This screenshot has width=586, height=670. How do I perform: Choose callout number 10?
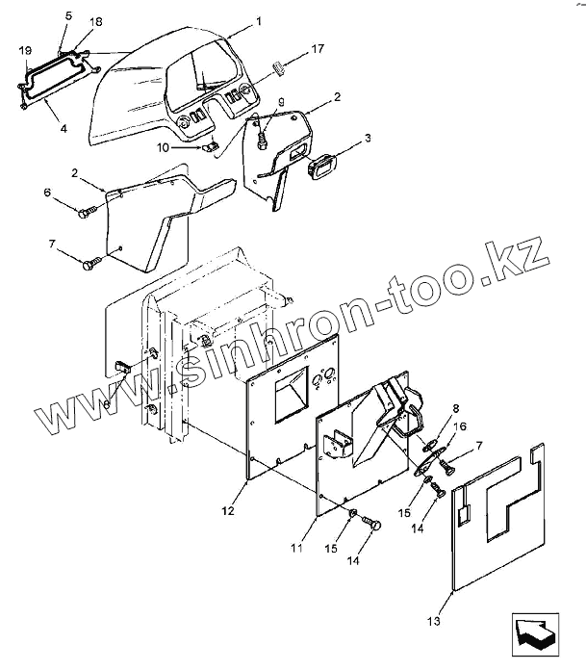tap(163, 147)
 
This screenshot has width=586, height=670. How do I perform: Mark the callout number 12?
tap(227, 510)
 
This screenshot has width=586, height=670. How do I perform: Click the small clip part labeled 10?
tap(208, 147)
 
